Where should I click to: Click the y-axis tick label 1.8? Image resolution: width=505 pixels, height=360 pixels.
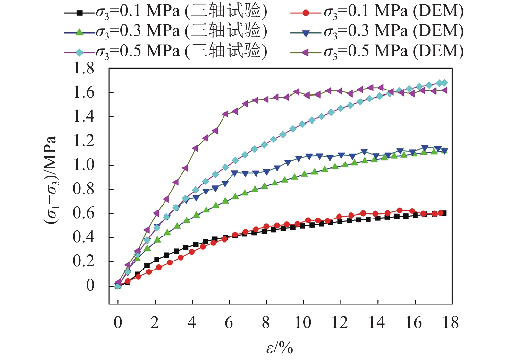point(84,68)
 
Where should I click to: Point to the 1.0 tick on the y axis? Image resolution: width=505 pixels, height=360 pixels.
point(84,165)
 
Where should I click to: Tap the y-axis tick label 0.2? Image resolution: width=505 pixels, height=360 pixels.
point(84,261)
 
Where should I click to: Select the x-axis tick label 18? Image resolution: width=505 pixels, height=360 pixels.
point(451,322)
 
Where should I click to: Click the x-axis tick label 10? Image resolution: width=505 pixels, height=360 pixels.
point(303,322)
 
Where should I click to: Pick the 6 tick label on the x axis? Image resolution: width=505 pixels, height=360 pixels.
point(229,322)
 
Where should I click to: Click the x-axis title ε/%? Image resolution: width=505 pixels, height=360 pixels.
point(280,348)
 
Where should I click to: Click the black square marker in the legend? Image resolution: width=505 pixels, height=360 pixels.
point(80,13)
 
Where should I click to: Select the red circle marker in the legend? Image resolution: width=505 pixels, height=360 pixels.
point(306,13)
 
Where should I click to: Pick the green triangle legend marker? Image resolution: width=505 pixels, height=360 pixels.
point(80,32)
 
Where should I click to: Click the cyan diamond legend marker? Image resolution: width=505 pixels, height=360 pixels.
point(80,52)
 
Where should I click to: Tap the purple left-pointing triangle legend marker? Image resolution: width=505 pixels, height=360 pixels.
point(306,52)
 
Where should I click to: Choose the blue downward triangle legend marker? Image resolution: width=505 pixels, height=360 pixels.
point(306,33)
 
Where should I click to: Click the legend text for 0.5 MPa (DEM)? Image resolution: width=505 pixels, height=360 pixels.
point(394,51)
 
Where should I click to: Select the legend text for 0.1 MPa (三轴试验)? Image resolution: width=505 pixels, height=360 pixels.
point(181,12)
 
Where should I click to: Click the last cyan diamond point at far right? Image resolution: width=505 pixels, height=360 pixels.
point(444,83)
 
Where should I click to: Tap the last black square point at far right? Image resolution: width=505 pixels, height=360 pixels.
point(444,213)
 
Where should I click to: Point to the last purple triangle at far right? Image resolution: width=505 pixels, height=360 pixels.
point(444,90)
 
